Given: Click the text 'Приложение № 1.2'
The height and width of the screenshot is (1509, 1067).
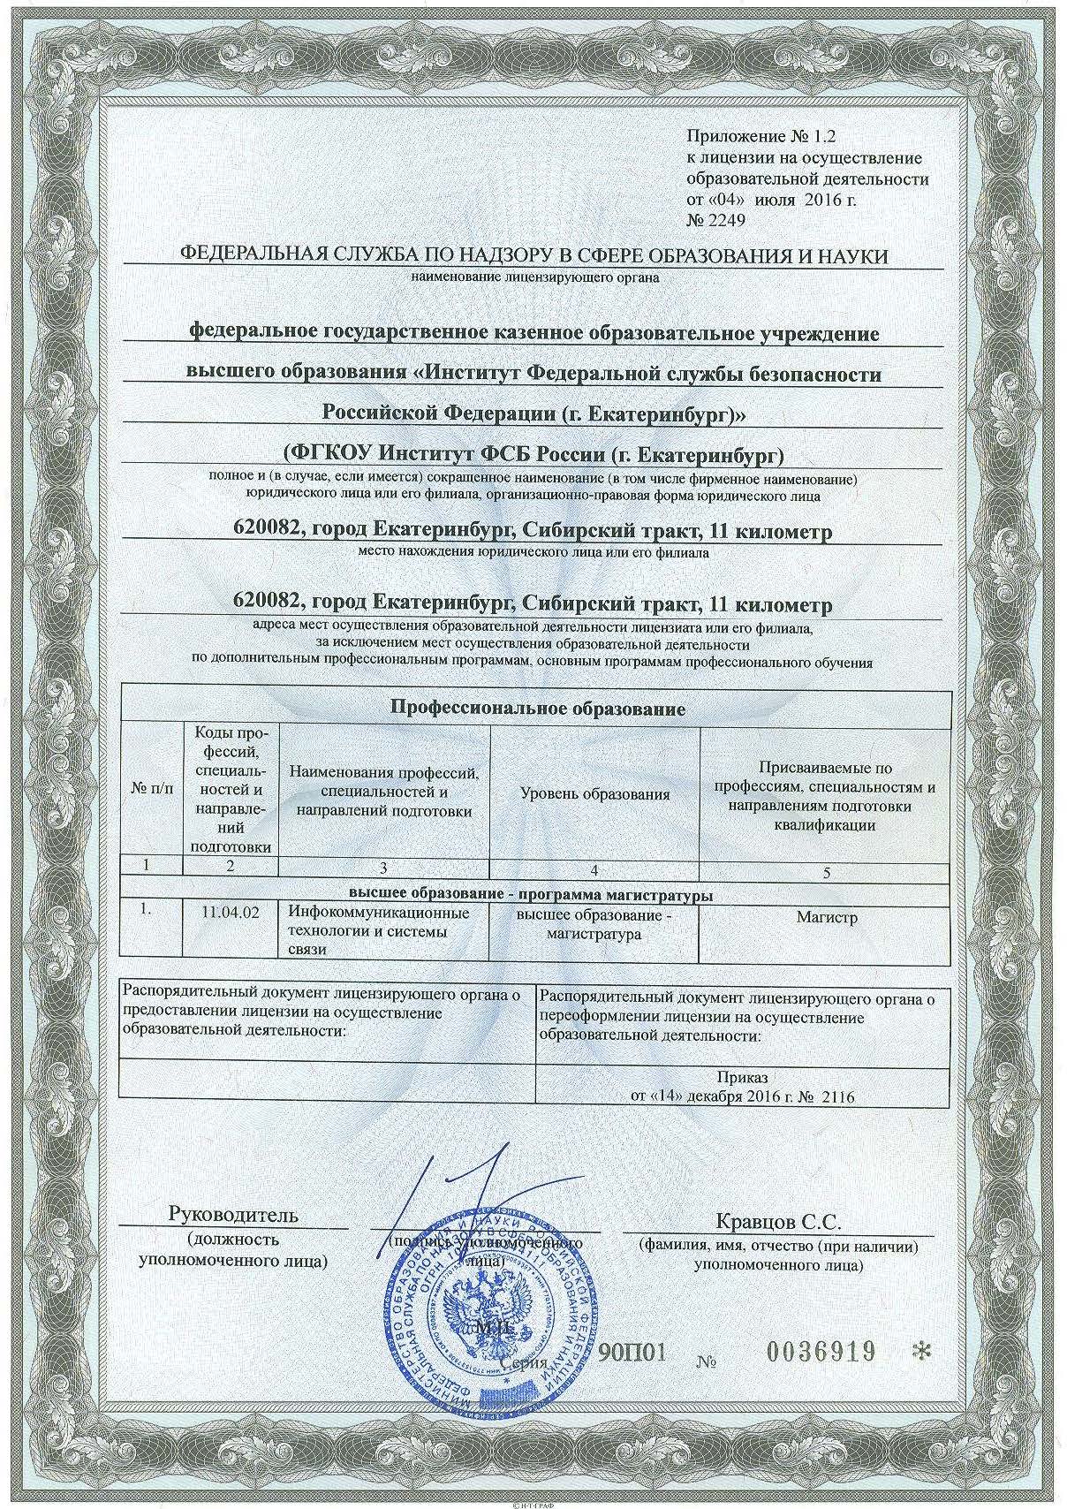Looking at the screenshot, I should tap(761, 136).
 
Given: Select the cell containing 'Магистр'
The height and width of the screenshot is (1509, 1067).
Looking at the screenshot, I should tap(827, 918).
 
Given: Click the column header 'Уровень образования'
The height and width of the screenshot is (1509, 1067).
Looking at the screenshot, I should tap(594, 794).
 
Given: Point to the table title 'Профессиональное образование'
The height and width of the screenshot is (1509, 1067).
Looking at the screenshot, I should tap(538, 709).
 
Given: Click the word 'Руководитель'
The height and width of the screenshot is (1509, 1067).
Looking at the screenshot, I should tap(233, 1214).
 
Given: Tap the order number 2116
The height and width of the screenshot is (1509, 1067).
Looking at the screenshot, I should tap(838, 1097).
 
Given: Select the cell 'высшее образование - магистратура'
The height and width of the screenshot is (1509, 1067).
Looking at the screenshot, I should tap(594, 925).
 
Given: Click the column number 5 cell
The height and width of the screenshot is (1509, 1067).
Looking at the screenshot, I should tap(827, 873).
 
